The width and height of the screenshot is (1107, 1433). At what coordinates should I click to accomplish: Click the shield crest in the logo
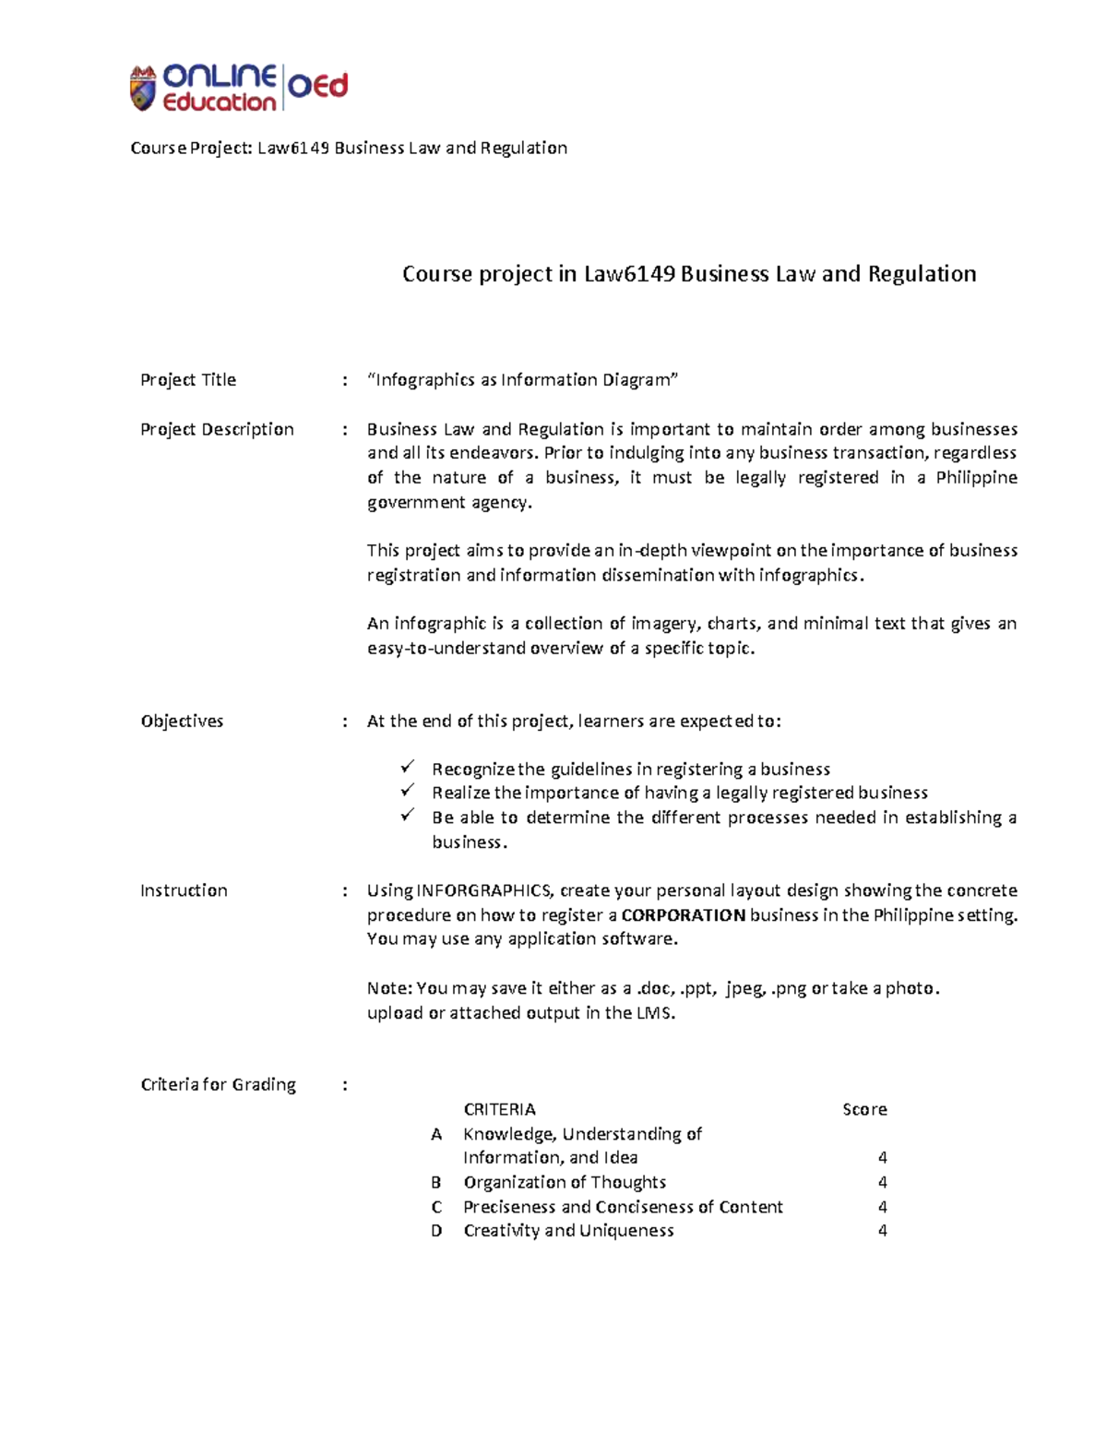click(x=142, y=89)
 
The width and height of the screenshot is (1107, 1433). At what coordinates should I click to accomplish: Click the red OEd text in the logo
click(x=318, y=87)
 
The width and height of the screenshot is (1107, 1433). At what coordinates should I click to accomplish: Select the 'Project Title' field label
click(x=188, y=380)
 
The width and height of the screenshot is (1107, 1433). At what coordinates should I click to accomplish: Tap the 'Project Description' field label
click(x=217, y=429)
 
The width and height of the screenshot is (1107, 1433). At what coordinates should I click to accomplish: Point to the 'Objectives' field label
click(x=182, y=722)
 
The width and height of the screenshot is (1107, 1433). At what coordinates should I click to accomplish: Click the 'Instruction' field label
click(x=184, y=890)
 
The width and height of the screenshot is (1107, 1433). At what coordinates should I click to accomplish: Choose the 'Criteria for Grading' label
click(x=218, y=1085)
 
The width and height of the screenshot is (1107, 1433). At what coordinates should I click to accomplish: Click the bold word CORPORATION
click(x=684, y=915)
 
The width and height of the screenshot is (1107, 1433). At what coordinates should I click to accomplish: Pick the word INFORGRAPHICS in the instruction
click(x=484, y=890)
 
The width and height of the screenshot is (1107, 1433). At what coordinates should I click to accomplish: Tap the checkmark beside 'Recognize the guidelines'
click(x=408, y=768)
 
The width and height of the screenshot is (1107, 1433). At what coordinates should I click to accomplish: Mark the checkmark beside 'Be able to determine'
click(x=408, y=816)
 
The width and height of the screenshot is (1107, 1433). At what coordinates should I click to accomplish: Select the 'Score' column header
click(x=864, y=1109)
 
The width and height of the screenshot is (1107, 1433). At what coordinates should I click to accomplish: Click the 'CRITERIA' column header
click(x=499, y=1109)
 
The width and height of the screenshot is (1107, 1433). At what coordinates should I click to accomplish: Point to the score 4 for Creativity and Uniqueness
click(x=883, y=1231)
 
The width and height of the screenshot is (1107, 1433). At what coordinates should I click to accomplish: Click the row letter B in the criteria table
click(x=436, y=1183)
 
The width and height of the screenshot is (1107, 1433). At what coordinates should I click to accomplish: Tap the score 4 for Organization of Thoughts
click(x=883, y=1183)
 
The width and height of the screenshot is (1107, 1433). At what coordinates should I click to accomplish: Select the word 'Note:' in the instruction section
click(x=389, y=988)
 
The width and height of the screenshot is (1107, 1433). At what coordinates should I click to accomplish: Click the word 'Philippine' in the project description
click(x=976, y=478)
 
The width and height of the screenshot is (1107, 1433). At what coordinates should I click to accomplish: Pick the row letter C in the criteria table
click(x=436, y=1207)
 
